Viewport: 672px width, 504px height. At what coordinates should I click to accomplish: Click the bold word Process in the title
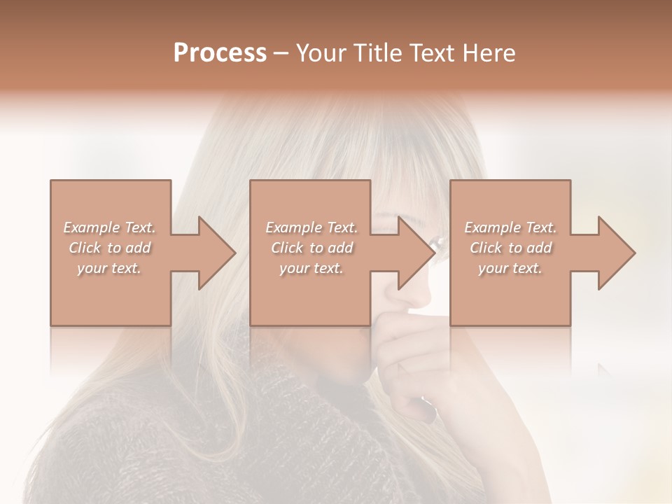pos(220,53)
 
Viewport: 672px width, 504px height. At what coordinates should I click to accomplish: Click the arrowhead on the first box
pos(214,253)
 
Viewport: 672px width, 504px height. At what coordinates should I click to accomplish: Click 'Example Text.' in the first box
pos(109,227)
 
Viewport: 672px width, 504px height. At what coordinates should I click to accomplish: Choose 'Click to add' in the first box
pos(109,248)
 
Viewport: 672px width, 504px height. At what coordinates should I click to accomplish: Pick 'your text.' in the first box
pos(109,268)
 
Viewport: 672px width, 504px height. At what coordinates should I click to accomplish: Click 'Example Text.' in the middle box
pos(311,227)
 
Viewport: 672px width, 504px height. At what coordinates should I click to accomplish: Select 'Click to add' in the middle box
pos(311,248)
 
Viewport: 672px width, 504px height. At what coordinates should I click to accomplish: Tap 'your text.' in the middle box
pos(311,268)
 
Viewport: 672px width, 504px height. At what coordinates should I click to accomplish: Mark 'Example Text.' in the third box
pos(510,227)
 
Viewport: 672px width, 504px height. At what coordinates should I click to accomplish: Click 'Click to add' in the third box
pos(510,248)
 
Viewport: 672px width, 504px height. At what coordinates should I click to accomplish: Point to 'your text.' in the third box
pos(510,268)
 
